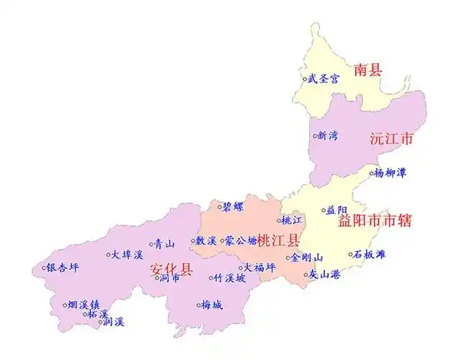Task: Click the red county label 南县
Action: (x=368, y=70)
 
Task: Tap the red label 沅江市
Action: (x=391, y=138)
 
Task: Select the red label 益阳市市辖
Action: (x=375, y=221)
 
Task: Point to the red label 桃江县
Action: (x=277, y=240)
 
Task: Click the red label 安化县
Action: (x=171, y=270)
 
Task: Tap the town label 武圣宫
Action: (x=324, y=78)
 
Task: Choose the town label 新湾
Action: (x=327, y=135)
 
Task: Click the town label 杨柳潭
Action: (x=390, y=173)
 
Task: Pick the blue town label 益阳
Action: (x=337, y=210)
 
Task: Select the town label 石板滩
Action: (x=371, y=254)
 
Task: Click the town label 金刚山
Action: (x=308, y=257)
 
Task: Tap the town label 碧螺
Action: (x=231, y=206)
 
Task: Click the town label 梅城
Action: (x=212, y=305)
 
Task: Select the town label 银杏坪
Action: (x=63, y=267)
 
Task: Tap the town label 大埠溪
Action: (x=128, y=254)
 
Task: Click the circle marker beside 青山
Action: (x=151, y=244)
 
